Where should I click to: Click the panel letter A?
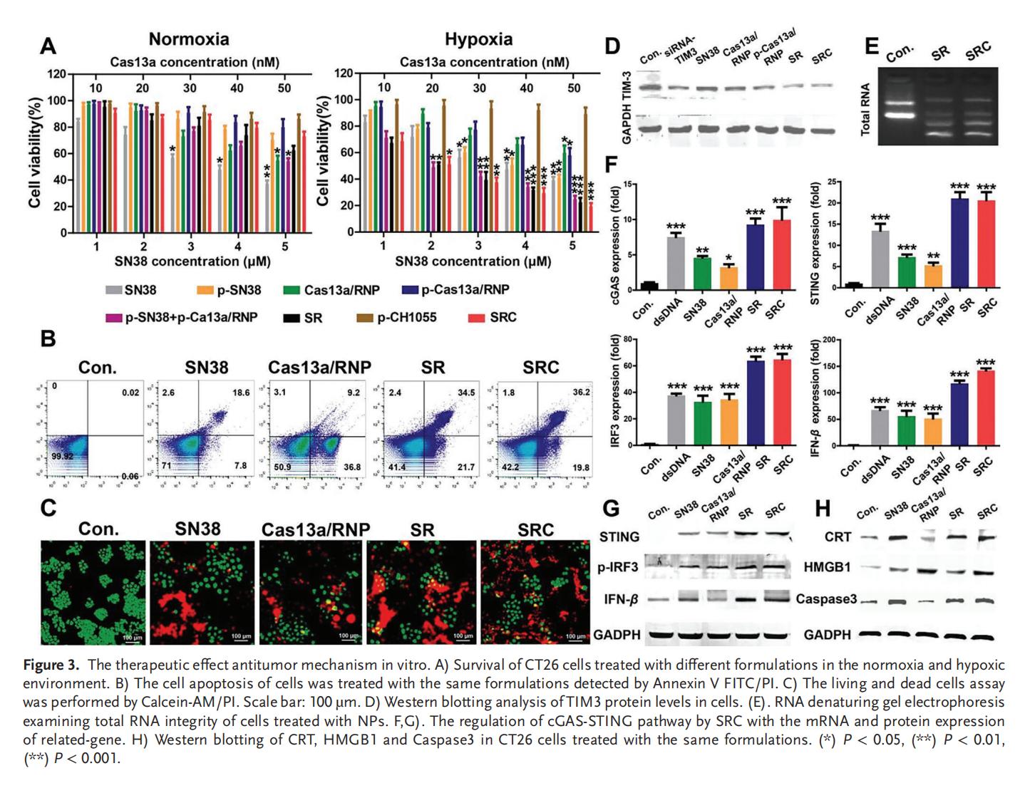tap(48, 47)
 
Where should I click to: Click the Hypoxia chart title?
tap(478, 39)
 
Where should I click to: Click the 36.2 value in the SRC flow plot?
tap(581, 392)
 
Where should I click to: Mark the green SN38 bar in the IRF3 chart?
tap(703, 423)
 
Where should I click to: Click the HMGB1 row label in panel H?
tap(827, 568)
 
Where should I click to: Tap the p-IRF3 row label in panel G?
tap(617, 568)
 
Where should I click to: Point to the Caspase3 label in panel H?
tap(826, 599)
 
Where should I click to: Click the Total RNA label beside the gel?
tap(865, 109)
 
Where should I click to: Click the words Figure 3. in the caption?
tap(51, 665)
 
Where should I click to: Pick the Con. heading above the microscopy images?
tap(98, 529)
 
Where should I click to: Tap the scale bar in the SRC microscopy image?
tap(575, 633)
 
